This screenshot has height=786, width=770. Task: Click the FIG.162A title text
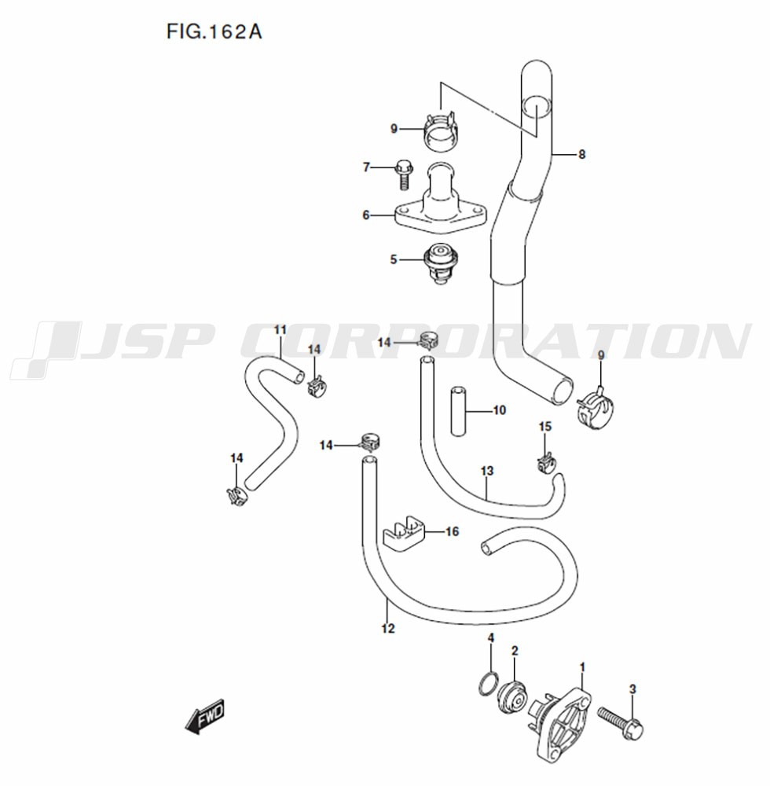coord(214,32)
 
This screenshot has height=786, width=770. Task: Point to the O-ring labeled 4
coord(489,685)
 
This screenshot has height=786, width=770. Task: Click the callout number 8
coord(581,154)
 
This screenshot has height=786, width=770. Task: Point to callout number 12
coord(387,628)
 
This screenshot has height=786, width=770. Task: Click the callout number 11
coord(280,329)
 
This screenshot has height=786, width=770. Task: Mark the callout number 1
coord(582,667)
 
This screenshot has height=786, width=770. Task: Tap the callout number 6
coord(366,215)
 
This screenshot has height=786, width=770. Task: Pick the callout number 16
coord(452,532)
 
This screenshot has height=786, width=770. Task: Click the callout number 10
coord(500,410)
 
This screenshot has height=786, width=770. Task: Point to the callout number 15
coord(545,427)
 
